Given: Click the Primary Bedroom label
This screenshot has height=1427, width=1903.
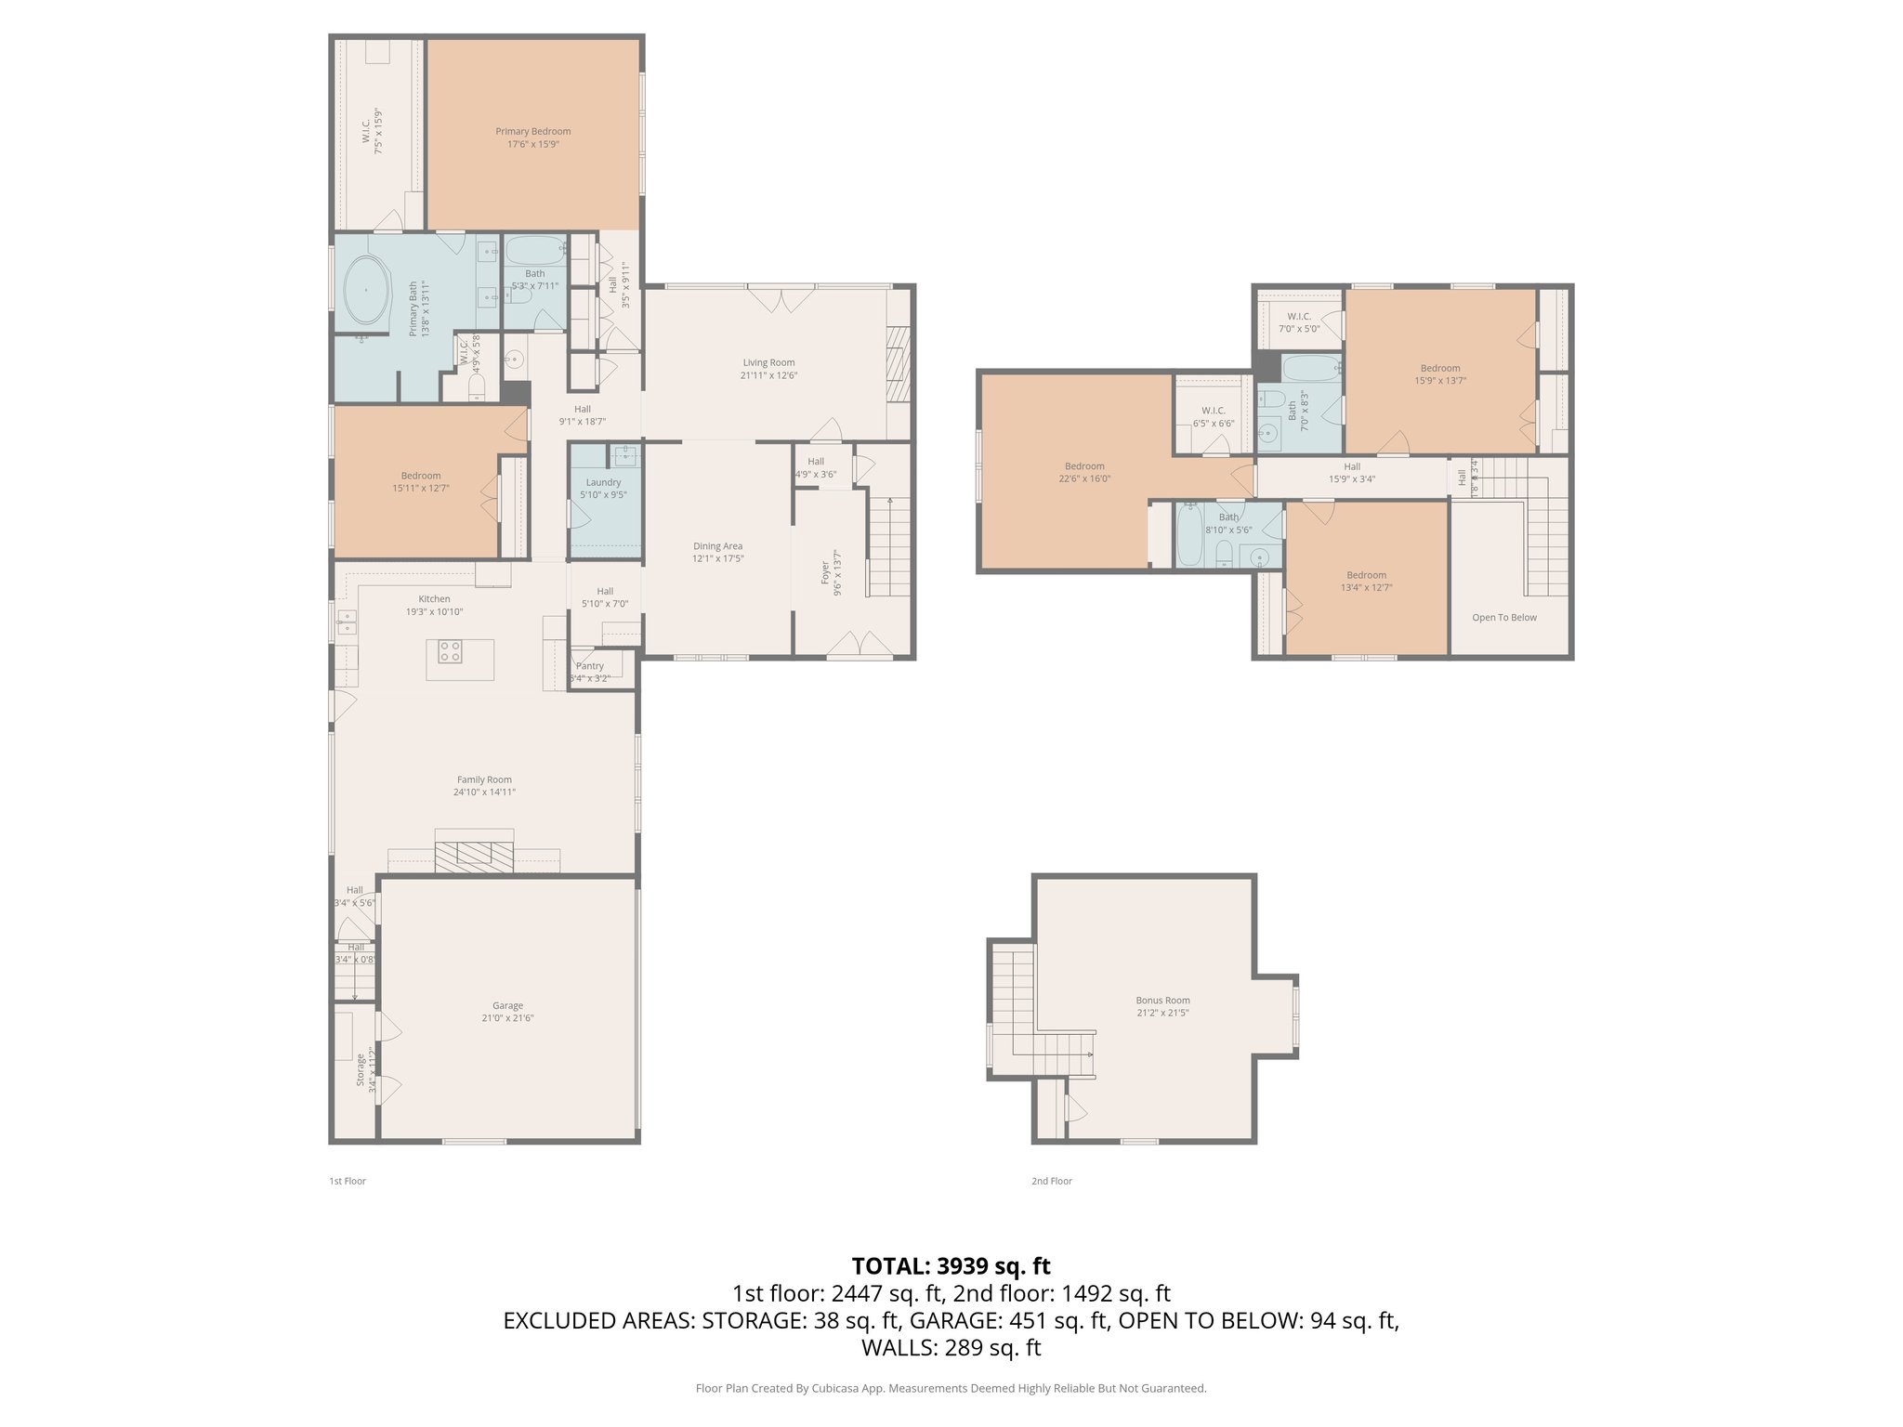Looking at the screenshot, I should (x=532, y=132).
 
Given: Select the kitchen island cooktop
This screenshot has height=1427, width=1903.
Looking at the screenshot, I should (x=450, y=651).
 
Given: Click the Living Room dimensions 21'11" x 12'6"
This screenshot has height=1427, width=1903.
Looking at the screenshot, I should (x=768, y=375).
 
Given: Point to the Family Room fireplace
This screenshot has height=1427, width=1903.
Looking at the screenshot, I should (x=474, y=856).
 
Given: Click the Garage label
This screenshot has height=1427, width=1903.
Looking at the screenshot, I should (x=507, y=1005).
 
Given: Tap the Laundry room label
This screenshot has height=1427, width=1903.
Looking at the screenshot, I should (x=603, y=482).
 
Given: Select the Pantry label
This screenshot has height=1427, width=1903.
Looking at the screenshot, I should (x=590, y=666).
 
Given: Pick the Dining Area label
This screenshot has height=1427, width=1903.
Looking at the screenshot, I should (x=717, y=546).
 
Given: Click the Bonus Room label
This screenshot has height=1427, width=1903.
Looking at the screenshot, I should (x=1162, y=1001).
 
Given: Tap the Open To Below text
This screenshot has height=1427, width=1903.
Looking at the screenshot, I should (x=1503, y=617).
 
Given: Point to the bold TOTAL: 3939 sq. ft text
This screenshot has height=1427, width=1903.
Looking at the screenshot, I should (x=951, y=1265).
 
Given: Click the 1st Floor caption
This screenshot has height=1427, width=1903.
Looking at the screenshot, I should (x=348, y=1181).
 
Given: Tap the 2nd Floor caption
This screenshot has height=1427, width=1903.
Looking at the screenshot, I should (x=1051, y=1181).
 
